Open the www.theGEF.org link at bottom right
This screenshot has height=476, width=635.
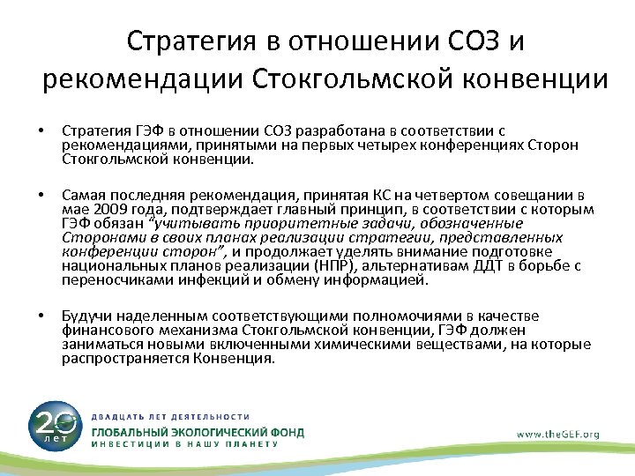(x=557, y=433)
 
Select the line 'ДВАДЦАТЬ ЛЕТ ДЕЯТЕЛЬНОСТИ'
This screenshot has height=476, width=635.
(x=171, y=415)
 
